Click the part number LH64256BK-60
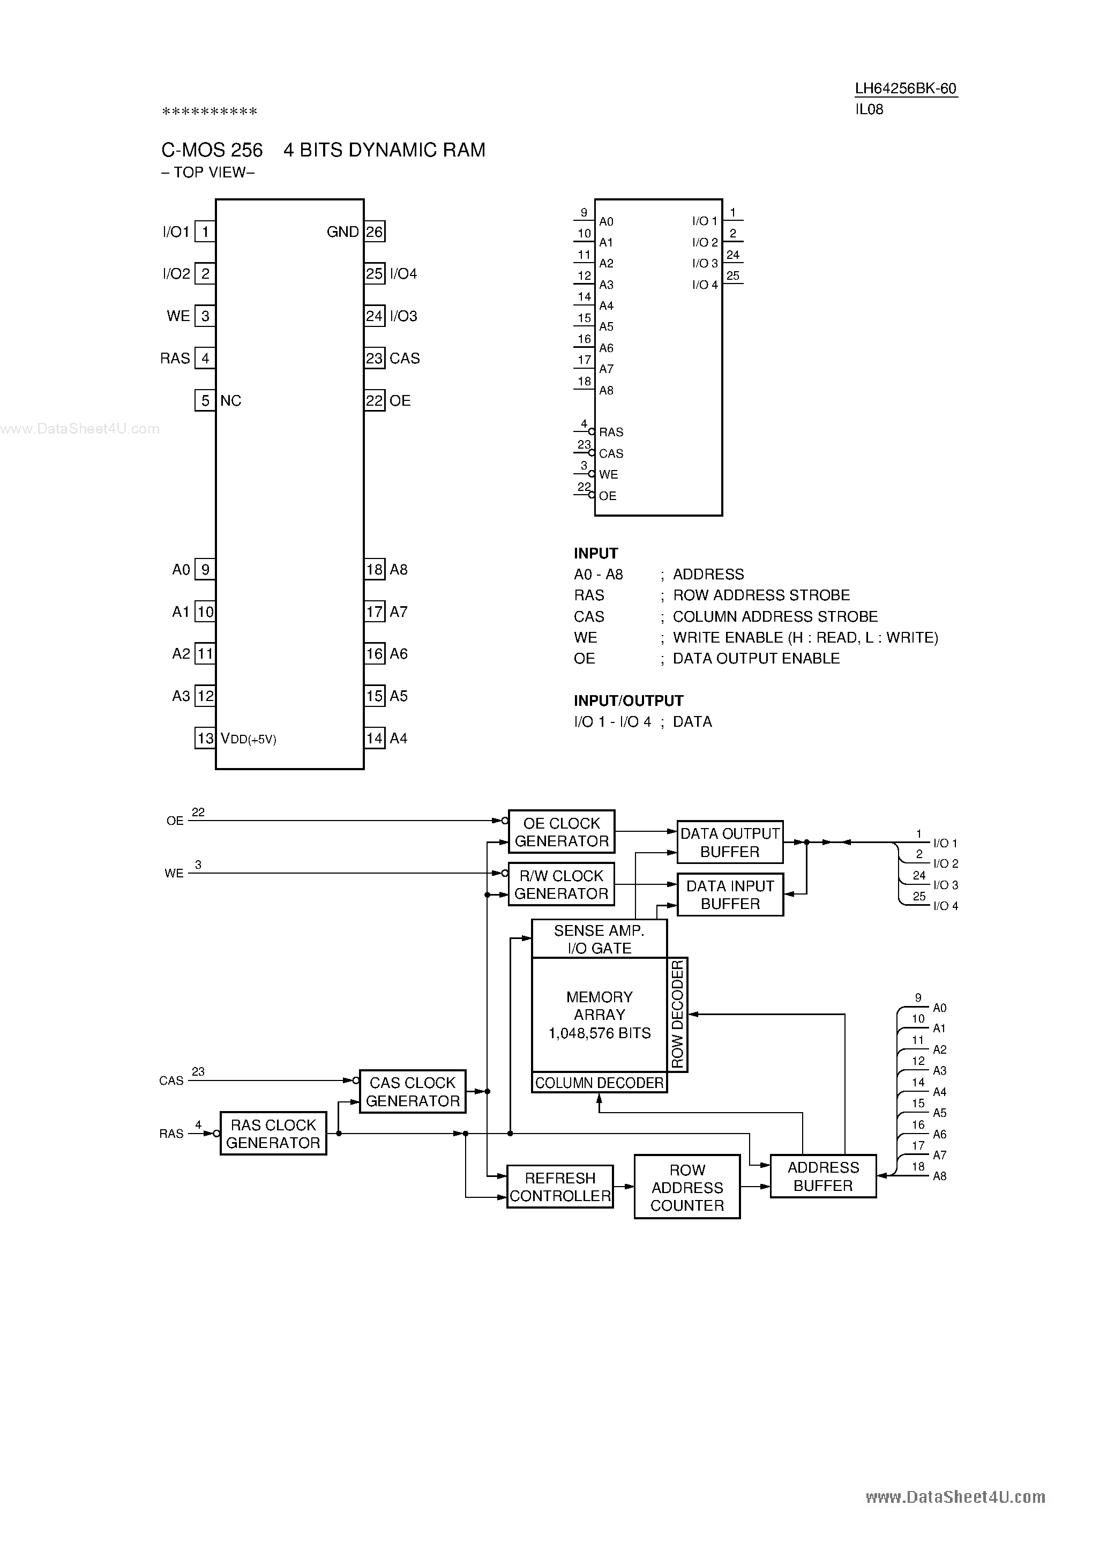(906, 88)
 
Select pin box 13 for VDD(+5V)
(205, 738)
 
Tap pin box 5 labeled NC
(205, 400)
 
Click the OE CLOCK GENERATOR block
(562, 832)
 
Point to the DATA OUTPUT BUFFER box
(729, 843)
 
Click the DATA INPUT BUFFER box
(729, 895)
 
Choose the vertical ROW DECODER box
(678, 1014)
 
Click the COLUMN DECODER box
(599, 1083)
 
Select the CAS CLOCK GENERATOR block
(413, 1091)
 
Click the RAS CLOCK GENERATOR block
(273, 1134)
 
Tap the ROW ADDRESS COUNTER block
(686, 1187)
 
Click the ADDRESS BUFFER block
(823, 1176)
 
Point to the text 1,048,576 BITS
(599, 1033)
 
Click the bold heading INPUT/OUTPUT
(628, 700)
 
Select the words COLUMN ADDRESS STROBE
(775, 616)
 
